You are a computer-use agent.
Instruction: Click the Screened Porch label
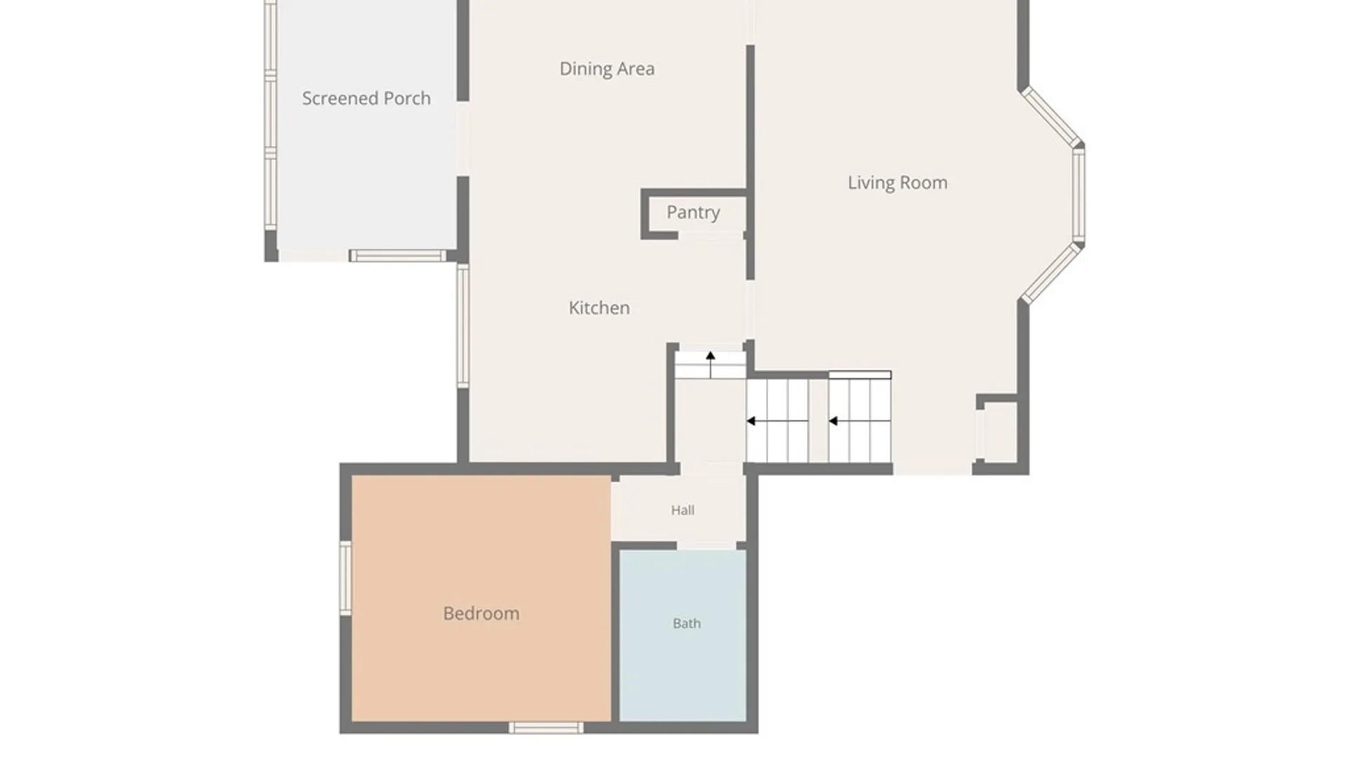[x=366, y=98]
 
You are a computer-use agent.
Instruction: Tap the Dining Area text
[x=607, y=69]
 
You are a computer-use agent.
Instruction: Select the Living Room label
[x=897, y=182]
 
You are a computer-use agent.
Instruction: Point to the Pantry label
[x=693, y=213]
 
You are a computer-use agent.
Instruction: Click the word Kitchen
[x=599, y=307]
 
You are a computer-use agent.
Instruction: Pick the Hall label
[x=682, y=510]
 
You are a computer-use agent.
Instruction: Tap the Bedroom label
[x=481, y=613]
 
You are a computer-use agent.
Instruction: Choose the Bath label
[x=687, y=623]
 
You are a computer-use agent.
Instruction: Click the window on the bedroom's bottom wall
[x=546, y=728]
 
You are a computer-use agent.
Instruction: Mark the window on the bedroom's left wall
[x=345, y=578]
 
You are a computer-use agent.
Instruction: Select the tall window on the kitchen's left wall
[x=463, y=326]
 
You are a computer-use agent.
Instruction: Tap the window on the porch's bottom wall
[x=397, y=255]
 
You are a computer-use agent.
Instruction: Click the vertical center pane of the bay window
[x=1078, y=195]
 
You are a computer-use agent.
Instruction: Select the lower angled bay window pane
[x=1050, y=274]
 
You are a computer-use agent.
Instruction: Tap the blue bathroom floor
[x=682, y=635]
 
